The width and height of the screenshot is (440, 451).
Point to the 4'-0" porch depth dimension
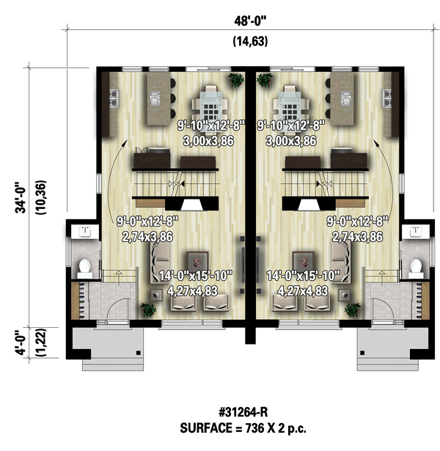[24, 341]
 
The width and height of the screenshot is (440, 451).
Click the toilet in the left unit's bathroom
[84, 266]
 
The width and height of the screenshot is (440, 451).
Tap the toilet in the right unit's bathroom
[417, 266]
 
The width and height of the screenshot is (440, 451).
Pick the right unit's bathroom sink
[417, 232]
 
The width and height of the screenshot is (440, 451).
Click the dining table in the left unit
[211, 104]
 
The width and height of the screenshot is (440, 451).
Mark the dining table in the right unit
[290, 104]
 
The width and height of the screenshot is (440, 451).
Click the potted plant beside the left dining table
[235, 80]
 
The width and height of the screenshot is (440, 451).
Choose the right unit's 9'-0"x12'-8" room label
[357, 220]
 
